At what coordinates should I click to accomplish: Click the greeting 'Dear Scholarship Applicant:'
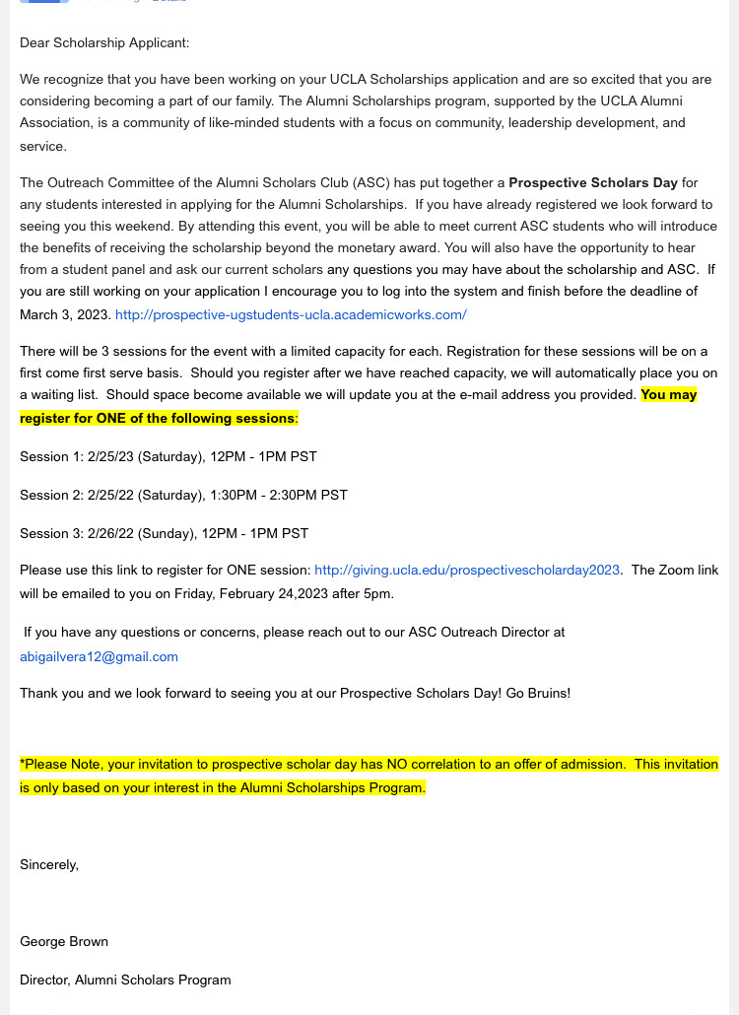104,42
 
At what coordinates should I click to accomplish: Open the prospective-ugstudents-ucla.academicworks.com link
291,314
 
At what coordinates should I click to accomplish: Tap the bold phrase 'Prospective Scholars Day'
593,182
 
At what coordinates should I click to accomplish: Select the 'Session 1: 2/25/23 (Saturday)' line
168,456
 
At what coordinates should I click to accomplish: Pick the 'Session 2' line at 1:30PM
183,495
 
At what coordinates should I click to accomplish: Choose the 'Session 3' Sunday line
164,533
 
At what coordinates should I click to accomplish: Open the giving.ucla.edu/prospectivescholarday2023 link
467,570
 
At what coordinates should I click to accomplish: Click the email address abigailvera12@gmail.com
99,655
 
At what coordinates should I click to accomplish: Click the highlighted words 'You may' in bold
668,394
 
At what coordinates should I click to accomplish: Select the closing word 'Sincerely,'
49,864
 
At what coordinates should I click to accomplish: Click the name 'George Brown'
64,941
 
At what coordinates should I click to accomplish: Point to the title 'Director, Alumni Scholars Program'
125,980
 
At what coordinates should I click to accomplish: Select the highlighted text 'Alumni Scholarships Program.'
333,787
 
